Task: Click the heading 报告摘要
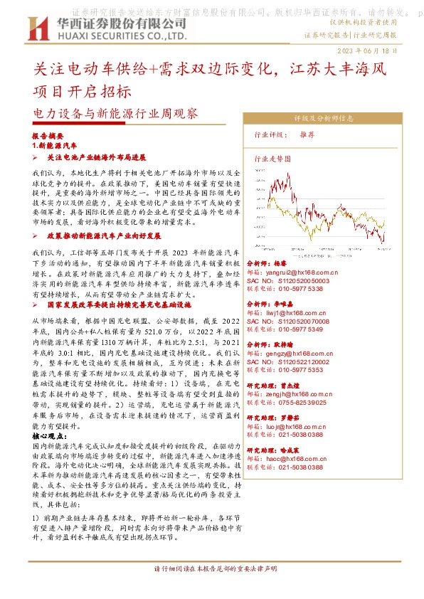click(48, 135)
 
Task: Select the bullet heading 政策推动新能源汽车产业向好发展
click(102, 234)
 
